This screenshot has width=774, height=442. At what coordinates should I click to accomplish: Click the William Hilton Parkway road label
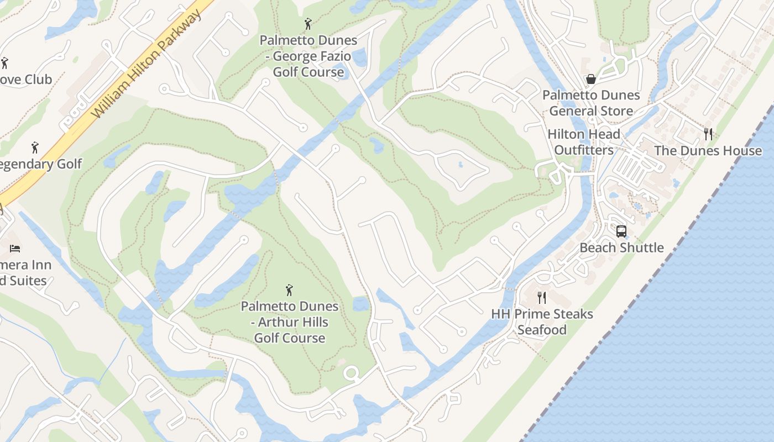(x=147, y=63)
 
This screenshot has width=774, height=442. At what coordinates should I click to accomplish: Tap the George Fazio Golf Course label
(x=308, y=56)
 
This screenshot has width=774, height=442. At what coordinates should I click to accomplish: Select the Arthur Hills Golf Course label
(x=289, y=322)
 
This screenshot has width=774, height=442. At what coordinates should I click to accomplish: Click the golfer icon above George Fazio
(x=308, y=24)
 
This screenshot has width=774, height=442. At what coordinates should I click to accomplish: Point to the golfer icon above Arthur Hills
(x=289, y=290)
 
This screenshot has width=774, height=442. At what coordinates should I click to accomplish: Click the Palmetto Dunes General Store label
(x=591, y=103)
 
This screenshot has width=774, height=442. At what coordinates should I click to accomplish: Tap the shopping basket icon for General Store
(x=590, y=79)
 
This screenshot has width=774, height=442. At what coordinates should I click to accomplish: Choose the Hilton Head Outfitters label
(x=584, y=142)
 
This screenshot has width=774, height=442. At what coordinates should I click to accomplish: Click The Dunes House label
(x=708, y=151)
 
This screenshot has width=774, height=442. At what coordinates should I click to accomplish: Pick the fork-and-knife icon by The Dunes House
(x=708, y=134)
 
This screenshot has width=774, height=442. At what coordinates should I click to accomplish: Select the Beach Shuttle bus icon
(x=621, y=231)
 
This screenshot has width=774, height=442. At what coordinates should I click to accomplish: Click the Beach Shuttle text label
(x=621, y=248)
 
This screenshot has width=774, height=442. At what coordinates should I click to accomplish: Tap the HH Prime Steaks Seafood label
(x=542, y=322)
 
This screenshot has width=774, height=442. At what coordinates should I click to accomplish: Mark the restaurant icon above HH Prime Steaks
(x=542, y=298)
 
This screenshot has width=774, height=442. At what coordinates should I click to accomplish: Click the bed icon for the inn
(x=15, y=248)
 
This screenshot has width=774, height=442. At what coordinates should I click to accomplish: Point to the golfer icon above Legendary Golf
(x=35, y=148)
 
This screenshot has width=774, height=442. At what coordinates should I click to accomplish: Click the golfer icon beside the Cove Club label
(x=4, y=63)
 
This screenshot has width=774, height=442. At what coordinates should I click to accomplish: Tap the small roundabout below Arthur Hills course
(x=351, y=373)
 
